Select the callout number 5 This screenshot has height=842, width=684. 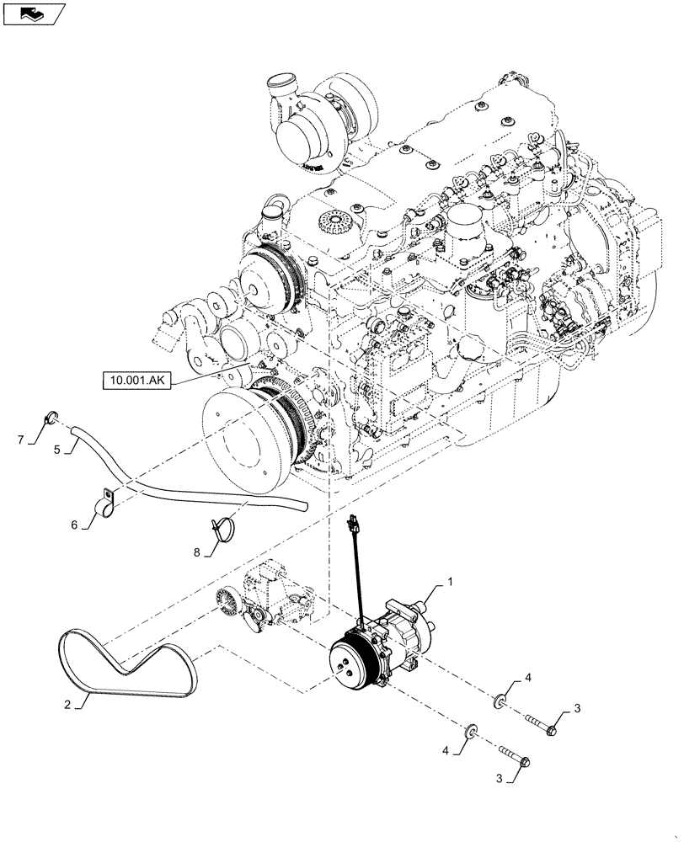[x=57, y=450]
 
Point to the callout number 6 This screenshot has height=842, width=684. [x=74, y=524]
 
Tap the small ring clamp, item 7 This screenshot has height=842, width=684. [x=50, y=414]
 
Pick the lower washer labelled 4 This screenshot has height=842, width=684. [x=472, y=728]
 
